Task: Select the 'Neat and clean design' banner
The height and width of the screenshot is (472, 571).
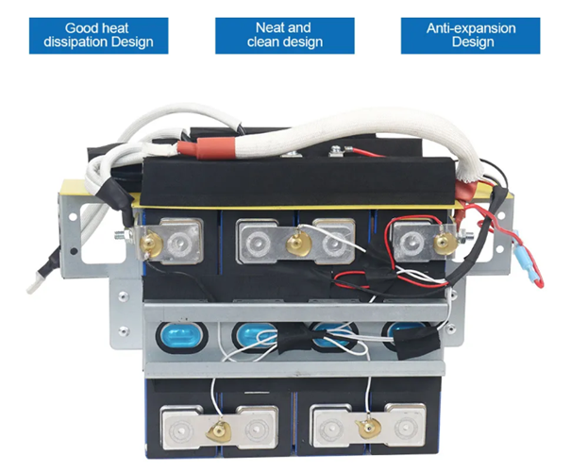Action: point(284,34)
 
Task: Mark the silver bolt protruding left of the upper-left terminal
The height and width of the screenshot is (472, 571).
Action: point(126,237)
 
